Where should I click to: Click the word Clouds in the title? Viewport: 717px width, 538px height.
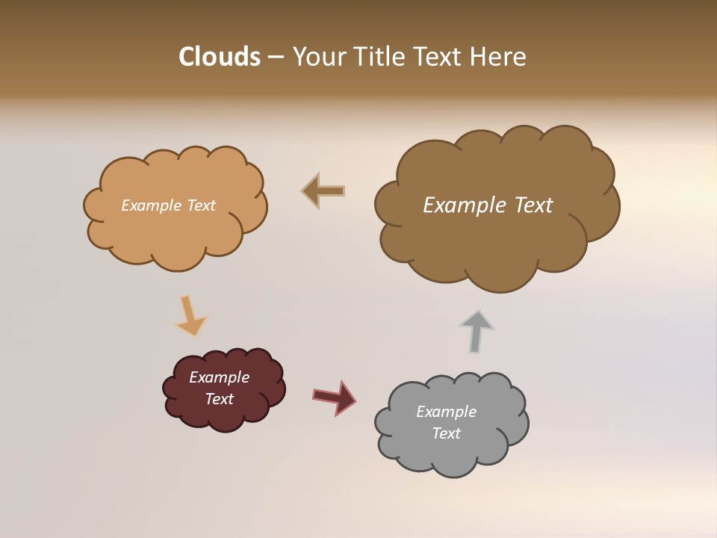click(219, 57)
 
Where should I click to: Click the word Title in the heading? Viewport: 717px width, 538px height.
click(381, 57)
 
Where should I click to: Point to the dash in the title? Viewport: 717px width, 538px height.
click(276, 58)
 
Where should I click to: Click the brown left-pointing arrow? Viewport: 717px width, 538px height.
click(323, 191)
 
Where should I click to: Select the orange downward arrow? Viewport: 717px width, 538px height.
click(190, 316)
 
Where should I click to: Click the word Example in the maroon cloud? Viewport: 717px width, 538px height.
click(219, 377)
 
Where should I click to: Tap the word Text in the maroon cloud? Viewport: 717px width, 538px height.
click(219, 399)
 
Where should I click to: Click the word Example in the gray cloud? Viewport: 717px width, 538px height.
click(446, 412)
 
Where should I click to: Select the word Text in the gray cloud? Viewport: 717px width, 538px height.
click(446, 433)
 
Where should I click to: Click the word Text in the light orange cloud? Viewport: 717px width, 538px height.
click(199, 205)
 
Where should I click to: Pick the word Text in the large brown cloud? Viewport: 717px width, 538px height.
click(533, 205)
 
